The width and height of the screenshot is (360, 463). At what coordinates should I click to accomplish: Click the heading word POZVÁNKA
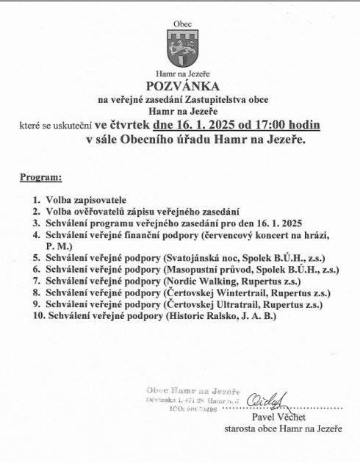(182, 85)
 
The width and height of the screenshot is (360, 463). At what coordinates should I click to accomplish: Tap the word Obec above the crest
(181, 24)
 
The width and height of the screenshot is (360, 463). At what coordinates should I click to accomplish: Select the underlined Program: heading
(40, 177)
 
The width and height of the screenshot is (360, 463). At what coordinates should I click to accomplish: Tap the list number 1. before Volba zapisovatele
(36, 199)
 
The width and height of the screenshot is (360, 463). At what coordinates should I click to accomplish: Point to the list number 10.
(38, 315)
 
